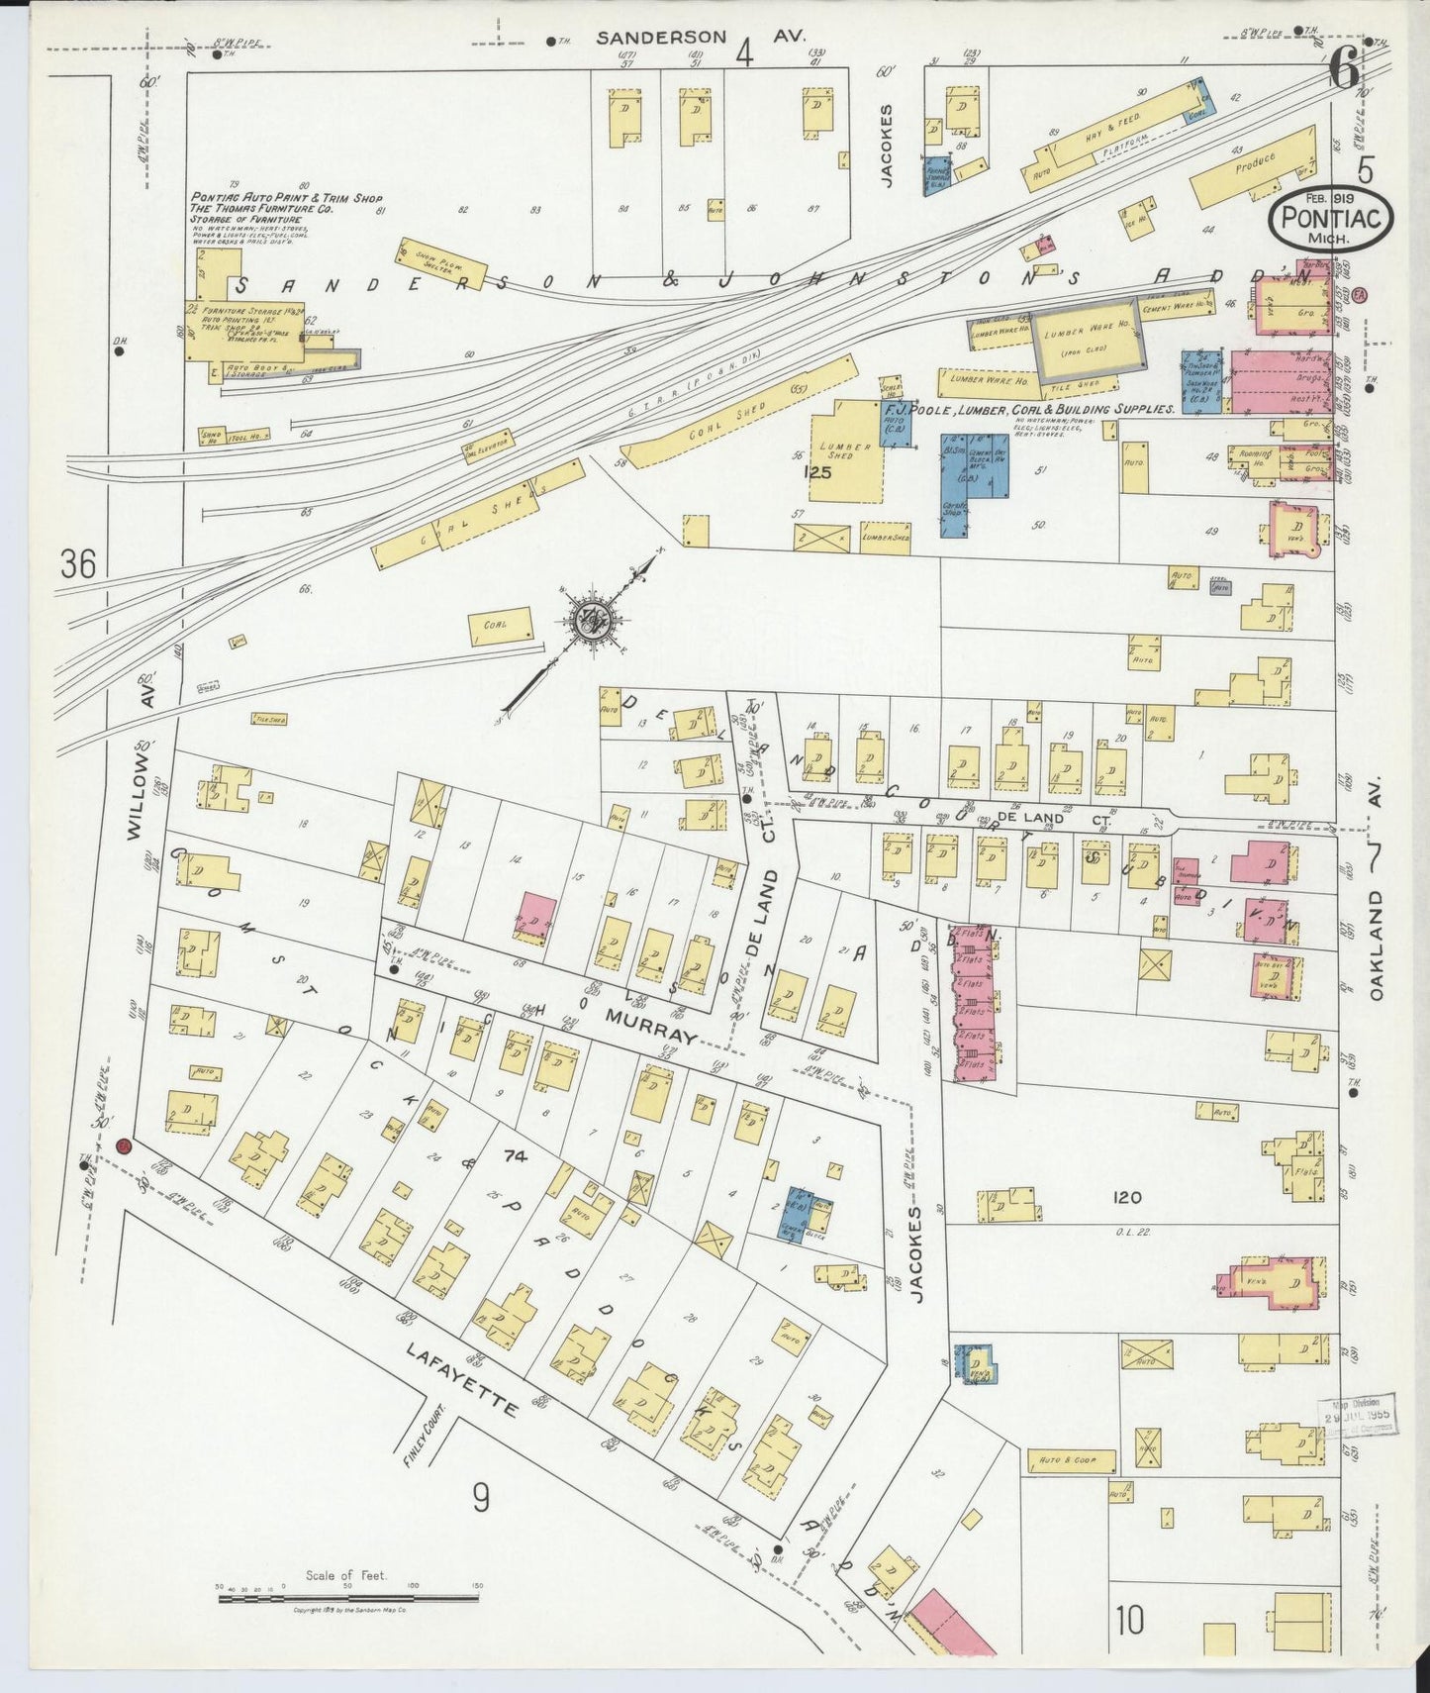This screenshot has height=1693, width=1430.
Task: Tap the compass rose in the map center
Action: point(592,622)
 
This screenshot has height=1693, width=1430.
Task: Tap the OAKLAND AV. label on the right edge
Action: point(1377,926)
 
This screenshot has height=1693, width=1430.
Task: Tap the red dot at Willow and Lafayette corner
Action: point(123,1145)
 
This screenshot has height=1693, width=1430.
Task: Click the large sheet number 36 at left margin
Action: point(77,564)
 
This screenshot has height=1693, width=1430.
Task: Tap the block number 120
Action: point(1127,1198)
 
